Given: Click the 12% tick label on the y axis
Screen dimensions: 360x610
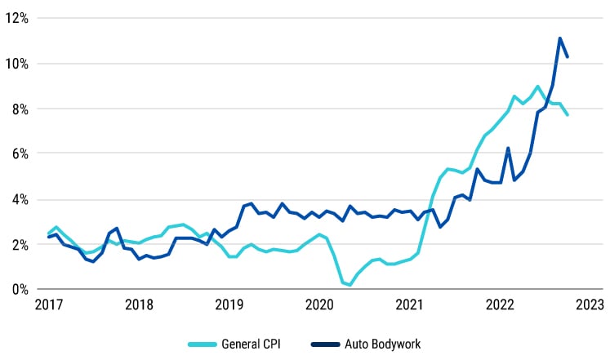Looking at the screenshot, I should [17, 18].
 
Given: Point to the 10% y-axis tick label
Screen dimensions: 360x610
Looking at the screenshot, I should [17, 64].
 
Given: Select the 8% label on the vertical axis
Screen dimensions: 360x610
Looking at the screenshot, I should [20, 109].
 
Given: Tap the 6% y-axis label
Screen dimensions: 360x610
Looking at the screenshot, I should [20, 153].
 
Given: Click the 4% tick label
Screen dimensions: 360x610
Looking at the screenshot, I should [20, 199].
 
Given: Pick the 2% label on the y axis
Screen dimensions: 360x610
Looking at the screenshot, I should [20, 244].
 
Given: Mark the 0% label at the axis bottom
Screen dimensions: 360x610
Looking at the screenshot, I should [20, 289].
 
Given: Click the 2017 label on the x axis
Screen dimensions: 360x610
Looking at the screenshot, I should [49, 305].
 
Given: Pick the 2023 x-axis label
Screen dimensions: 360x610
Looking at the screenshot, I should [589, 305].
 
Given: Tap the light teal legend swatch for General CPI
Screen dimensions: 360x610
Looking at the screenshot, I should [202, 344].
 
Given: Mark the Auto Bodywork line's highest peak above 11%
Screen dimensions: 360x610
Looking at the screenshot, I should [559, 38].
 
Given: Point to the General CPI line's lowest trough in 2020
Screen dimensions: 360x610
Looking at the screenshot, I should [350, 285].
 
